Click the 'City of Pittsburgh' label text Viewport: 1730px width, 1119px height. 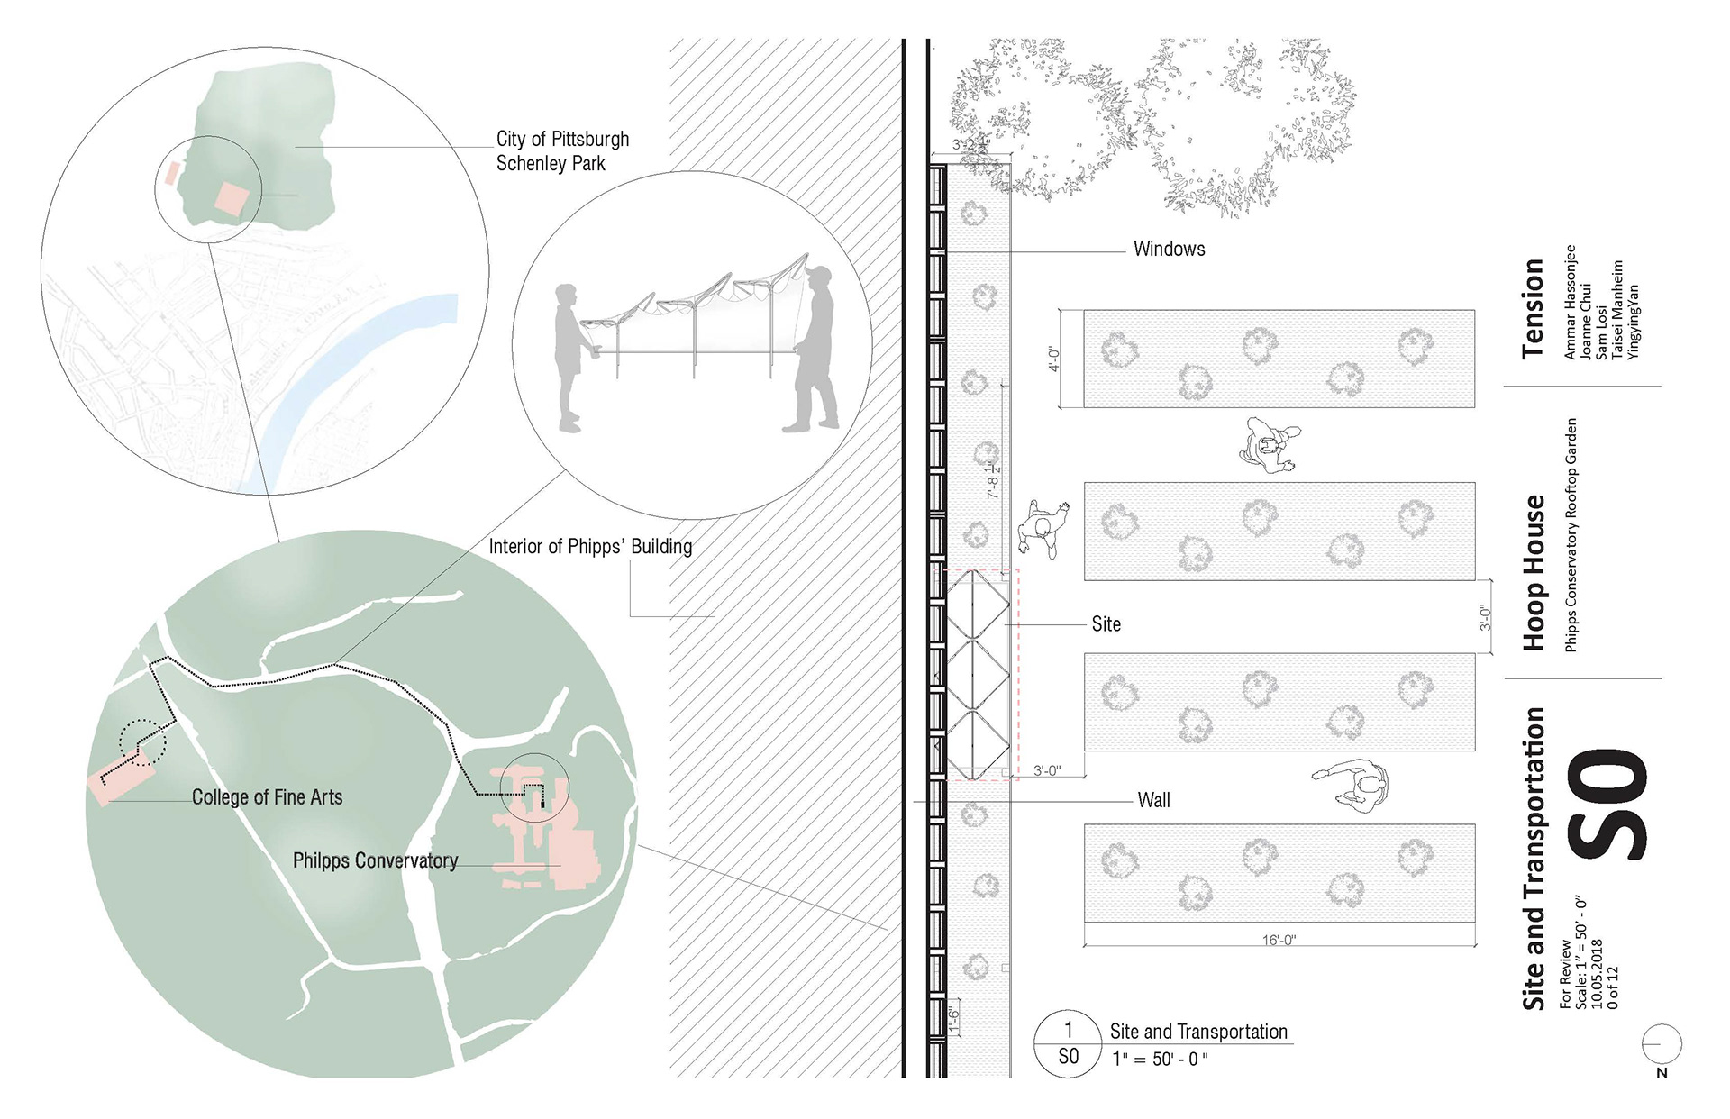click(562, 139)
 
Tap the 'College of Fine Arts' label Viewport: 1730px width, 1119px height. click(267, 797)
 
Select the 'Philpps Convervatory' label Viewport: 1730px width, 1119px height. click(375, 860)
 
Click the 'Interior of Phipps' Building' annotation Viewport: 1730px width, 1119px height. click(590, 547)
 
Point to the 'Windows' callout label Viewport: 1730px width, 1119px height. click(1169, 250)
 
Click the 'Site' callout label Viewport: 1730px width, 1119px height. click(1106, 624)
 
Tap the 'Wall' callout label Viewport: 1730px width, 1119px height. click(1153, 800)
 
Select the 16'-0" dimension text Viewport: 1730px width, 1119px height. click(1279, 940)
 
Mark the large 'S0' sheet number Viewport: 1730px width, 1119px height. click(1608, 805)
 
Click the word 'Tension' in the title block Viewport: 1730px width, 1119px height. click(1533, 308)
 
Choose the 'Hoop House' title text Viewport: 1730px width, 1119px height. click(1534, 572)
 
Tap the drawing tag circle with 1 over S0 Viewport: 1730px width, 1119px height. click(1068, 1043)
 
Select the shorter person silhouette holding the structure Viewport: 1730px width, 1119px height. click(569, 357)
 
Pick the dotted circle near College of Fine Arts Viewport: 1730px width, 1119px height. click(143, 741)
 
